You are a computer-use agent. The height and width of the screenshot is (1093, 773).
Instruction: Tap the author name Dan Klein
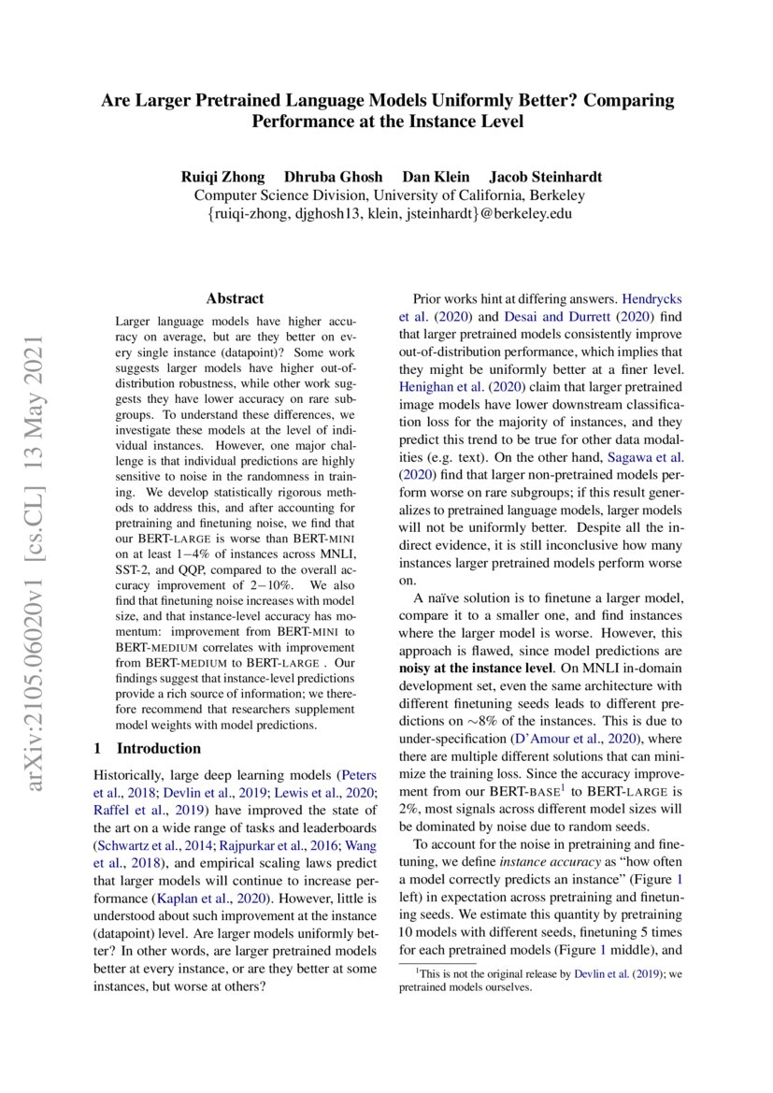(x=436, y=177)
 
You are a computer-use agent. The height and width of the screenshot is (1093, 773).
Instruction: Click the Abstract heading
(x=235, y=299)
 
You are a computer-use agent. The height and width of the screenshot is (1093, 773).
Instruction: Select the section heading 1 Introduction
(x=149, y=748)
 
